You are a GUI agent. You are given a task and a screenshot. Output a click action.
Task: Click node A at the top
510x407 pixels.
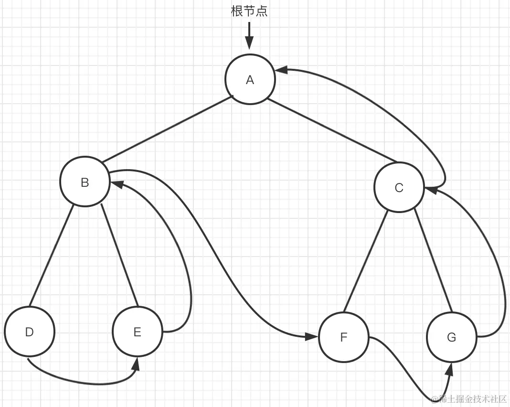point(250,79)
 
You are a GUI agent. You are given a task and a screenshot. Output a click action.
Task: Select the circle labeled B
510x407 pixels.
point(85,182)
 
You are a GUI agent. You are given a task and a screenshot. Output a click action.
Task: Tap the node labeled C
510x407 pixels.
point(399,188)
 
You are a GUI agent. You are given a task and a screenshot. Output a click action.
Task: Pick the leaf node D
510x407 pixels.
point(30,332)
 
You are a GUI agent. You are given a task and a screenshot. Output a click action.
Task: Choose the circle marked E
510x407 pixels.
point(138,332)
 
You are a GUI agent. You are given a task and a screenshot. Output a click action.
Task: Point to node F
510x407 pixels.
point(344,337)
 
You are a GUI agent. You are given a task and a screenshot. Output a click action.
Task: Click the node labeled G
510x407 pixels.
point(452,337)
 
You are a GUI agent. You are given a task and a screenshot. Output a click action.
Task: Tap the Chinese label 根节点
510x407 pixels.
point(249,11)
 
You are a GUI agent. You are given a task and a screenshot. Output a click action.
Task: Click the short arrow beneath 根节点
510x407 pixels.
point(249,36)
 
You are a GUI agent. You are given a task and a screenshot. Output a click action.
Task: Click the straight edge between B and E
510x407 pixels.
point(119,256)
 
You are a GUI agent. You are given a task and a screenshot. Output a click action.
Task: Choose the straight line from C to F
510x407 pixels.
point(365,260)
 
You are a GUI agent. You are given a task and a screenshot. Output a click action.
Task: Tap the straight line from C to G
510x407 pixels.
point(432,260)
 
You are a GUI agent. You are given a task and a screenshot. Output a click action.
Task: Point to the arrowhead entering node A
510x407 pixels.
point(281,70)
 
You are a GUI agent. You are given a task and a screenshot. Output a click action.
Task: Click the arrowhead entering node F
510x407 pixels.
point(312,337)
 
